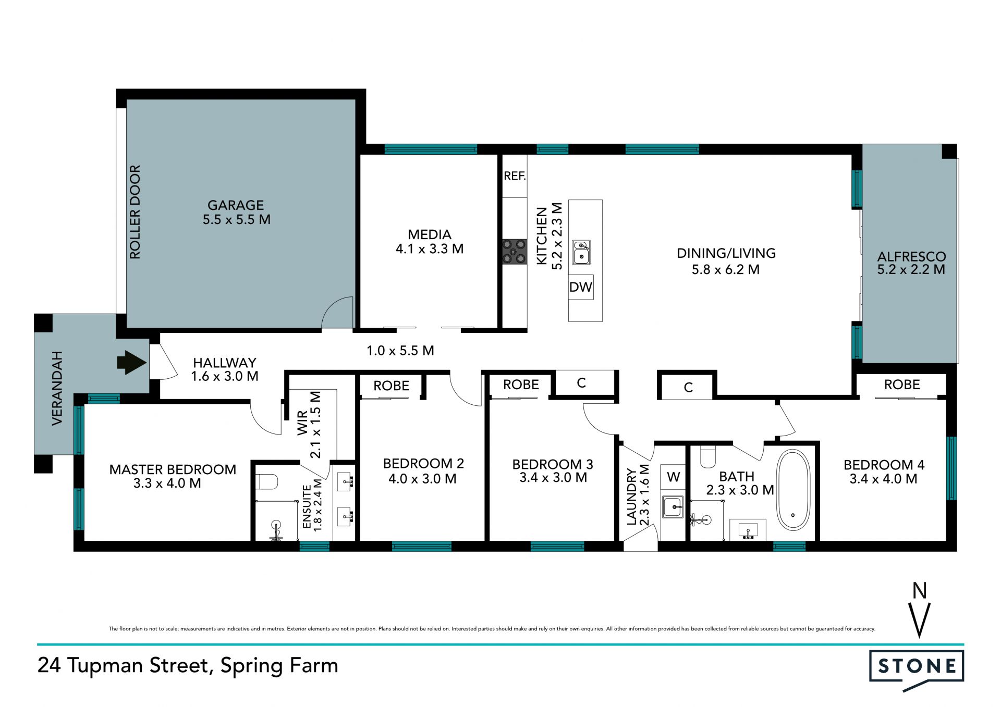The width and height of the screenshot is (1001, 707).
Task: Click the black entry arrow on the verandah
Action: click(x=131, y=362)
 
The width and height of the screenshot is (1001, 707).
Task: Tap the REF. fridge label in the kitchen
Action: click(x=515, y=176)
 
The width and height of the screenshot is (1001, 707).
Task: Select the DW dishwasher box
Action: click(x=581, y=287)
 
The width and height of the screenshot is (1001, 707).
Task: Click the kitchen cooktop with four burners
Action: click(x=515, y=252)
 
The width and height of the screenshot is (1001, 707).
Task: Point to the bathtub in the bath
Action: click(x=793, y=490)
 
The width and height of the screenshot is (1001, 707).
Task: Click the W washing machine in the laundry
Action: click(x=673, y=477)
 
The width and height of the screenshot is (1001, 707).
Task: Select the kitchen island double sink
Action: click(x=581, y=252)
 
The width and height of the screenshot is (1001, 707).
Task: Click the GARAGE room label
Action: click(x=236, y=205)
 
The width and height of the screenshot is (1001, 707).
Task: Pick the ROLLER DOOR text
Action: click(x=135, y=212)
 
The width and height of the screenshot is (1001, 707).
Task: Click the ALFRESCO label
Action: click(x=911, y=256)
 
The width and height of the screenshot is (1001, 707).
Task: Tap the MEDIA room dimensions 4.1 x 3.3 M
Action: click(x=430, y=249)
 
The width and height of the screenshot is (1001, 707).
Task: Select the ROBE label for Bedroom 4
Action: click(x=902, y=385)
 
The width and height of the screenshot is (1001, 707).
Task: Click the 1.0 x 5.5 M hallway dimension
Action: click(x=400, y=351)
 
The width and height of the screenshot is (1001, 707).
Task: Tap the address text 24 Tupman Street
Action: click(x=123, y=666)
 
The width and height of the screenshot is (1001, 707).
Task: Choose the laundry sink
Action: click(x=673, y=506)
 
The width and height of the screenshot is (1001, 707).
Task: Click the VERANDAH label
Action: click(x=57, y=388)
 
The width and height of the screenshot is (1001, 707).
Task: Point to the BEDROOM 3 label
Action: click(x=553, y=464)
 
